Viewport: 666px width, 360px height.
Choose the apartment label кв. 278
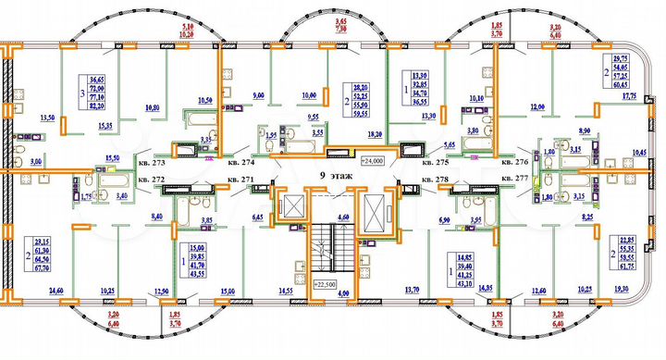point(435,179)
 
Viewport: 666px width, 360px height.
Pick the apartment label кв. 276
point(515,158)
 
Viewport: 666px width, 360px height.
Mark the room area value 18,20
point(374,134)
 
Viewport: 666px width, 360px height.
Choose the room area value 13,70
point(412,291)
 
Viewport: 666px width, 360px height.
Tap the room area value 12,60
point(538,291)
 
